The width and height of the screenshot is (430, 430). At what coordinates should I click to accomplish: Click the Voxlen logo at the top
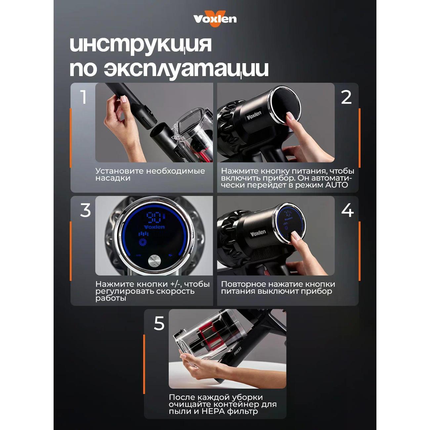click(215, 19)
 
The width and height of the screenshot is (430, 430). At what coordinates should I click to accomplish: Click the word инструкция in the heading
click(141, 44)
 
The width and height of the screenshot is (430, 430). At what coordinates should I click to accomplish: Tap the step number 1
click(83, 97)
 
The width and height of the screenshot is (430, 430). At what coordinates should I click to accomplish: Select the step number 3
click(85, 210)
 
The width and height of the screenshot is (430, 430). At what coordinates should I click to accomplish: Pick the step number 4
click(347, 210)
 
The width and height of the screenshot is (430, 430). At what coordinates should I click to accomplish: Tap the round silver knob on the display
click(154, 261)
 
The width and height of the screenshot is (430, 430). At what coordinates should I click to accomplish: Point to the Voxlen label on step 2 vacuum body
click(254, 115)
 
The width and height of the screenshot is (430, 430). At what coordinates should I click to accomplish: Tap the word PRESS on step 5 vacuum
click(237, 351)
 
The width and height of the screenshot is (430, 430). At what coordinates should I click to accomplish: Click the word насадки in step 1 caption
click(113, 178)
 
